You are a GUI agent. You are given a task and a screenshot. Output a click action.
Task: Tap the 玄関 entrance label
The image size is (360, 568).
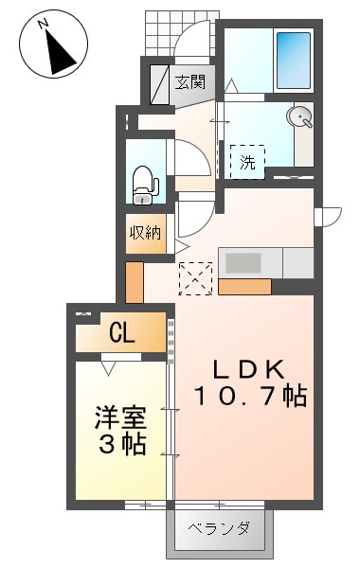tap(189, 81)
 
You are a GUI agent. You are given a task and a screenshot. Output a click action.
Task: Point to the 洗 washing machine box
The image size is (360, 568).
tap(247, 161)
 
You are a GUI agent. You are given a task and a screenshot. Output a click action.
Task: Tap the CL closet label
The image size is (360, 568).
tap(120, 332)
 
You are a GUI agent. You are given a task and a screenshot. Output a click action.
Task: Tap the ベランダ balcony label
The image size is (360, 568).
tap(218, 528)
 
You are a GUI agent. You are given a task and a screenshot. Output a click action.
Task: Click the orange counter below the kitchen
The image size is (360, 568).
tap(244, 285)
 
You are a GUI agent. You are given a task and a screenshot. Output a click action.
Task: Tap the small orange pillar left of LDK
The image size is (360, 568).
tap(135, 281)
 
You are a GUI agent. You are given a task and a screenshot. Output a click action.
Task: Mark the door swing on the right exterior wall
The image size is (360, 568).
tap(328, 217)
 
